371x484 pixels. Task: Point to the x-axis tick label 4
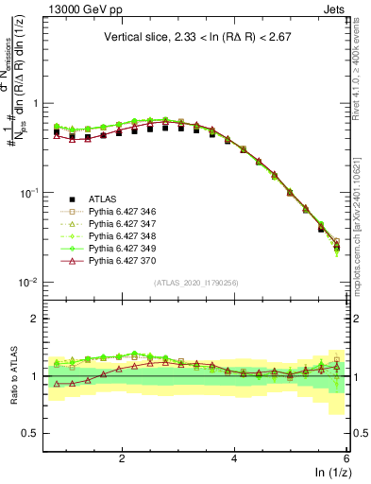(234, 458)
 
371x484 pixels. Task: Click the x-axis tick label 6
(346, 458)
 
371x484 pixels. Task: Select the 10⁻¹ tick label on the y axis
(30, 193)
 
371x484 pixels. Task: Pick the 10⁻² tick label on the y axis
(30, 283)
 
